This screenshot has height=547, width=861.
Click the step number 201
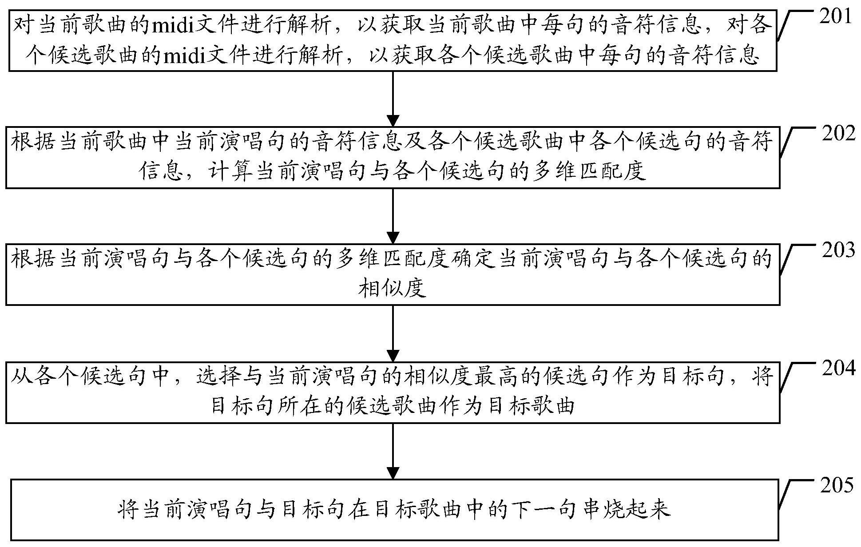(835, 17)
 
